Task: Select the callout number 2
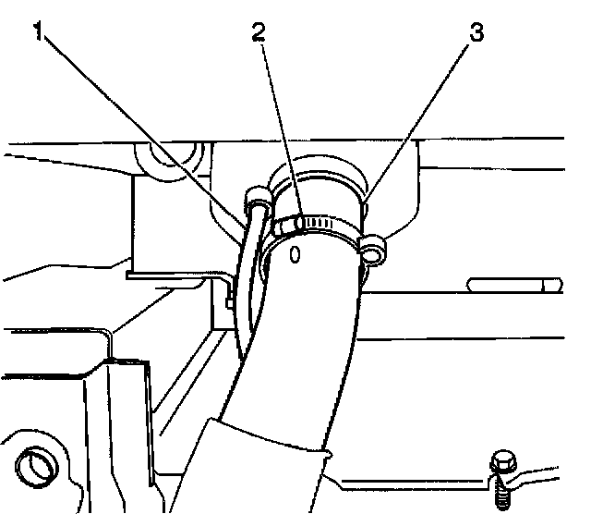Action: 260,32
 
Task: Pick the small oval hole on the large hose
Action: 295,252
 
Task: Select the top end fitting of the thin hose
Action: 257,195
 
